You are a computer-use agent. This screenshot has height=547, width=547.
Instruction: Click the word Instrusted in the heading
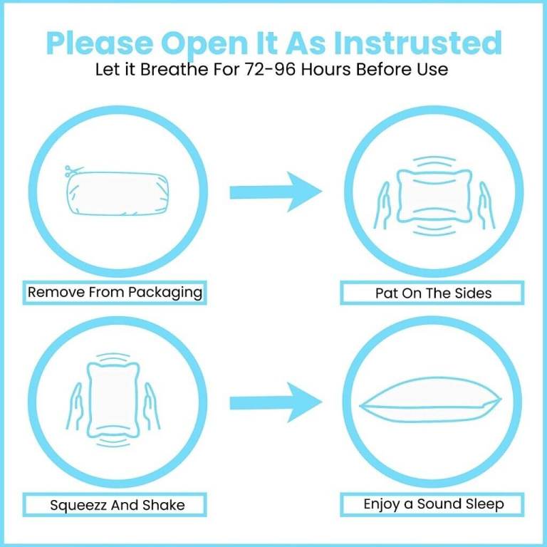pyautogui.click(x=418, y=43)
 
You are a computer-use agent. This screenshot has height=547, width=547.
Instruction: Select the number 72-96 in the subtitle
pyautogui.click(x=270, y=69)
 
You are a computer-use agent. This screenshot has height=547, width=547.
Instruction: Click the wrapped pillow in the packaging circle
pyautogui.click(x=118, y=193)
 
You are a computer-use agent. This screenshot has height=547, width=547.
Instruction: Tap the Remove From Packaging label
pyautogui.click(x=115, y=292)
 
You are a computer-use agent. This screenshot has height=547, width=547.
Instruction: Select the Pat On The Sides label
pyautogui.click(x=432, y=293)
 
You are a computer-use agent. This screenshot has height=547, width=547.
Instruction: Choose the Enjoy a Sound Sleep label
pyautogui.click(x=432, y=504)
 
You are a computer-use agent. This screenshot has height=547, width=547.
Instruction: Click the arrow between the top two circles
pyautogui.click(x=276, y=192)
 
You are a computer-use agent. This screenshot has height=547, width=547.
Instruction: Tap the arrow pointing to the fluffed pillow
pyautogui.click(x=276, y=402)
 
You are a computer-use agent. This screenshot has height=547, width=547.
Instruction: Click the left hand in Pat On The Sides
pyautogui.click(x=382, y=206)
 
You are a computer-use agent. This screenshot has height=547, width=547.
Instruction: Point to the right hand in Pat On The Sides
pyautogui.click(x=486, y=206)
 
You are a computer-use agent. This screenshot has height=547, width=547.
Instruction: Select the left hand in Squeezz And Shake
pyautogui.click(x=75, y=407)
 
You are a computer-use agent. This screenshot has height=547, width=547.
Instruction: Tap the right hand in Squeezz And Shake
pyautogui.click(x=152, y=407)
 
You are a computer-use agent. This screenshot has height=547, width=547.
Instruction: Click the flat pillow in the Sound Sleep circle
pyautogui.click(x=430, y=400)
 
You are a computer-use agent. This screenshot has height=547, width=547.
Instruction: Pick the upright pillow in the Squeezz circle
pyautogui.click(x=113, y=400)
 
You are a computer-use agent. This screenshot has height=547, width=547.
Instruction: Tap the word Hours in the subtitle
pyautogui.click(x=325, y=69)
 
